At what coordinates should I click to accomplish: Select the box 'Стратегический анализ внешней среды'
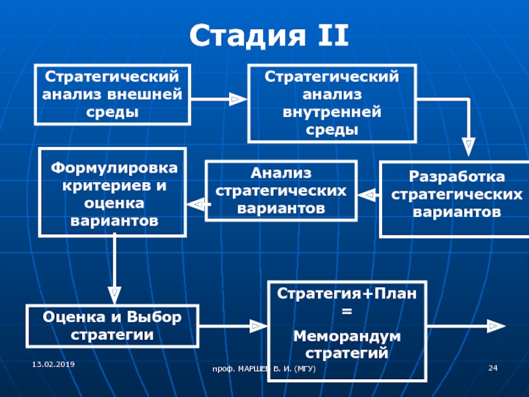point(113,94)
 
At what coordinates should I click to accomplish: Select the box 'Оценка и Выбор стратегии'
point(112,325)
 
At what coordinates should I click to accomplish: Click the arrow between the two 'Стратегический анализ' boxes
point(219,99)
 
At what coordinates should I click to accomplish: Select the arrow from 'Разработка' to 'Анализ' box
point(369,195)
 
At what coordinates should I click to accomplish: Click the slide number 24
point(492,367)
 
